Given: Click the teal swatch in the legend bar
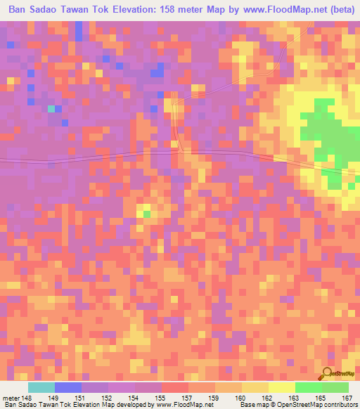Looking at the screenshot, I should click(41, 387).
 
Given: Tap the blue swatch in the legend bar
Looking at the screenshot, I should click(68, 387).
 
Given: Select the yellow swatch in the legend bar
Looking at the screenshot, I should click(282, 387).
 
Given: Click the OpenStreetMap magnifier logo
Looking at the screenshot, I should click(328, 374).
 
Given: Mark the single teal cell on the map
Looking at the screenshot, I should click(51, 108).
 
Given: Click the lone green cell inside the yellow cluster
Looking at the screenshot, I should click(146, 213).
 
